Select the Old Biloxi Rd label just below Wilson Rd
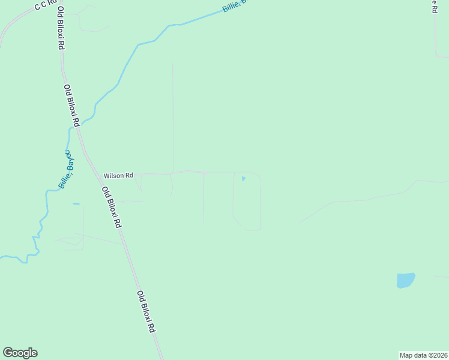pos(112,208)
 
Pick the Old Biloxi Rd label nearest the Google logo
pos(146,312)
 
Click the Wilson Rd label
pos(118,176)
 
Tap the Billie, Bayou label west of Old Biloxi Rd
pos(67,170)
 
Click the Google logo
pos(20,353)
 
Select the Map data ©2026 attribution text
pos(424,355)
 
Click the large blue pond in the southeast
pos(406,280)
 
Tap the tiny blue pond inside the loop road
pos(243,178)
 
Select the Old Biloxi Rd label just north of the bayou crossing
pos(71,104)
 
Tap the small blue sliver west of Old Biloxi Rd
pos(76,204)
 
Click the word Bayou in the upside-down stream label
pos(71,160)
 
